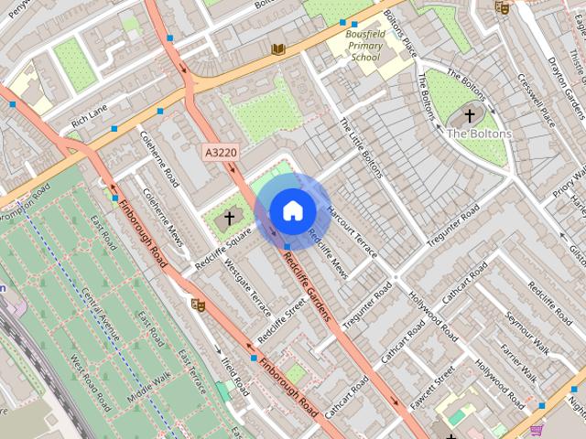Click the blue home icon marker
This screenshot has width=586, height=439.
[292, 210]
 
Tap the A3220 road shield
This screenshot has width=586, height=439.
[220, 150]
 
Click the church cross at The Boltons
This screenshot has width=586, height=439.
[470, 116]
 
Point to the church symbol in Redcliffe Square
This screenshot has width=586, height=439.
[229, 218]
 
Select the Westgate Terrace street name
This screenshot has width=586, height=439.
[248, 286]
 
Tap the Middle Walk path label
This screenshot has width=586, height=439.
[148, 378]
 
